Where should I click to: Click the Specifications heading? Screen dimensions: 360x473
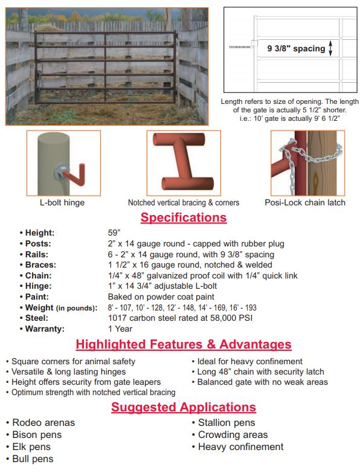pos(183,217)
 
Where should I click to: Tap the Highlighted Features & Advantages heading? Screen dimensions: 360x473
pos(183,345)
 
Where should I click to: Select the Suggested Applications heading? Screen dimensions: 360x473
pos(183,407)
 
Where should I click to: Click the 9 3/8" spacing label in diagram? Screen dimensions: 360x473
pos(296,49)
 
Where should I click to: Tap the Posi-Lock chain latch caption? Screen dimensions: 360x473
pos(305,202)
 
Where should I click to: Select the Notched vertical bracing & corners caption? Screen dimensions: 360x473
pos(183,202)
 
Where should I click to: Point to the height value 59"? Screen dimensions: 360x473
pos(114,233)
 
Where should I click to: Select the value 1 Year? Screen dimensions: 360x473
pos(120,329)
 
